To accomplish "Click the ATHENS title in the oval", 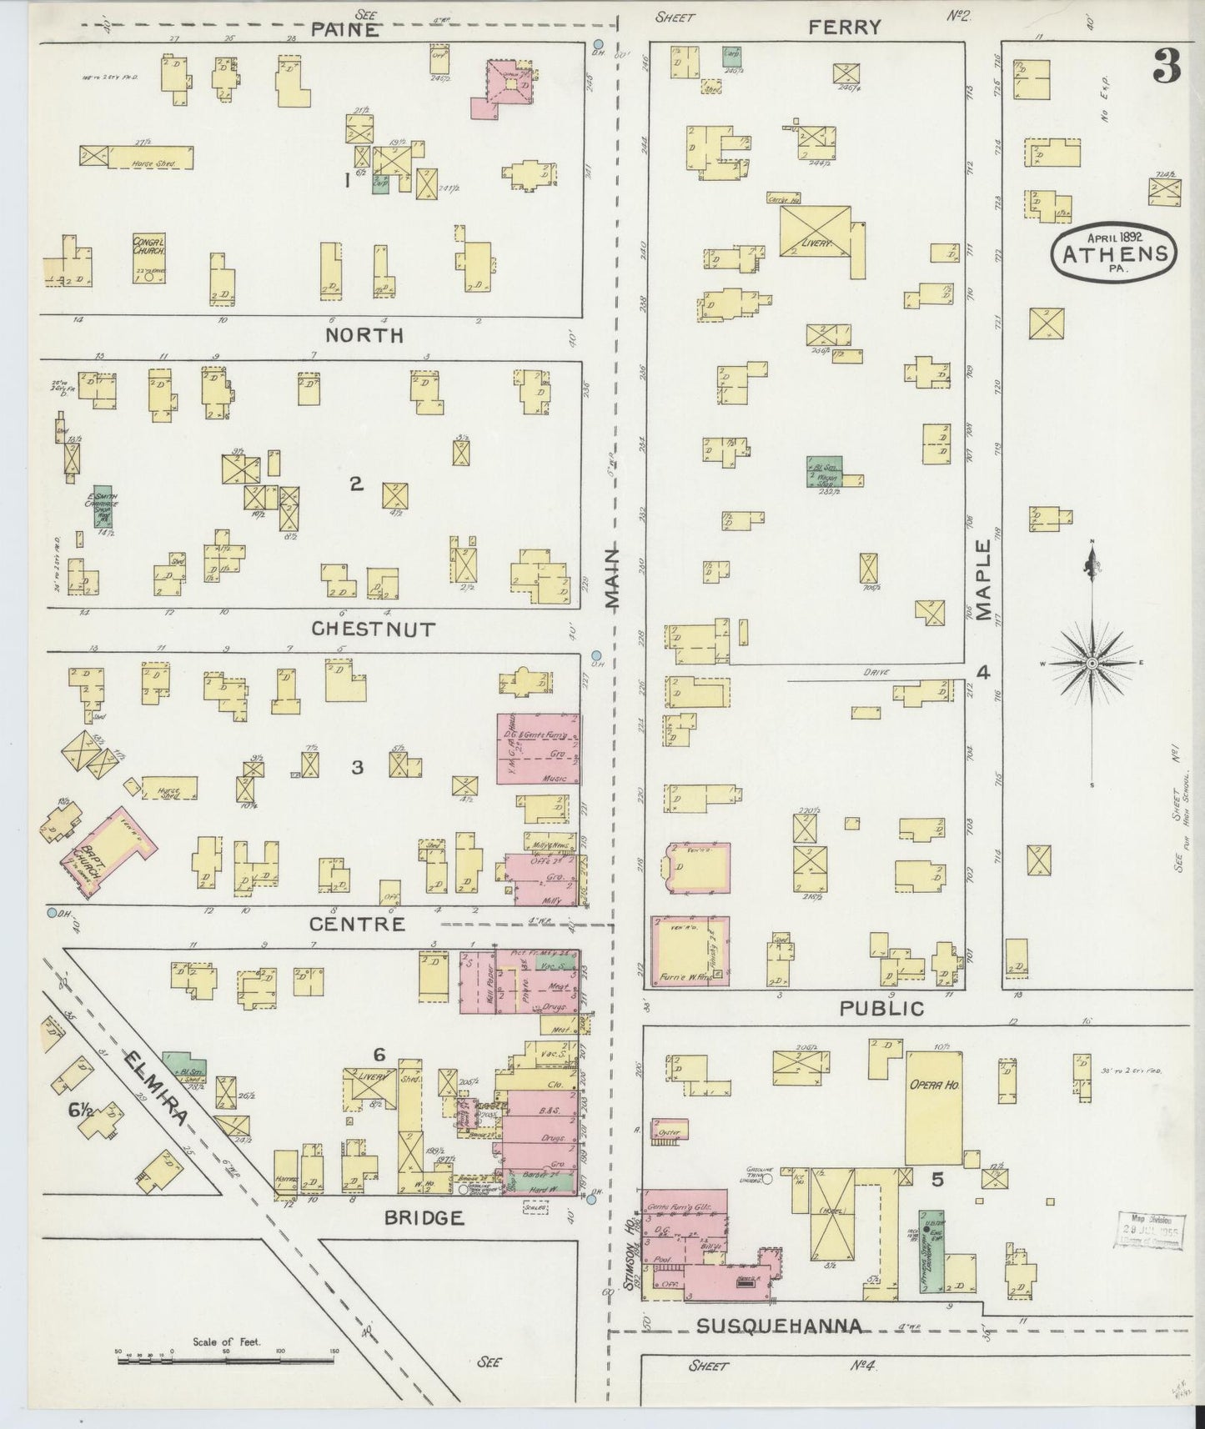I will point(1115,253).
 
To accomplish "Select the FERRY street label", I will point(844,28).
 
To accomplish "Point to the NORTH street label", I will point(364,335).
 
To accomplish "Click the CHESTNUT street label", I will point(373,629).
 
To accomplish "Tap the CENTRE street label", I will point(357,924).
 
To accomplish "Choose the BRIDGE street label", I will point(424,1218).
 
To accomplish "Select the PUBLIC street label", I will point(882,1009).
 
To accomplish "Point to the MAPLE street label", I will point(984,580).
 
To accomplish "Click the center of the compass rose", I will point(1092,663).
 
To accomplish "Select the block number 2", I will point(356,484).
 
